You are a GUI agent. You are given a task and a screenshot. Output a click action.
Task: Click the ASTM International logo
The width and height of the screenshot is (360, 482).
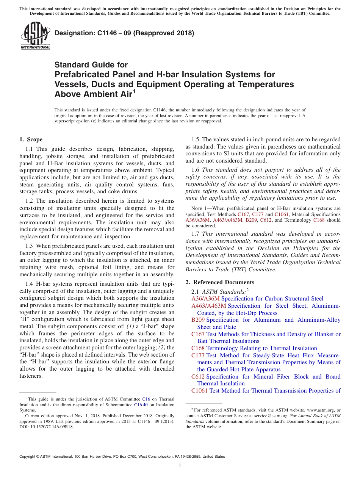pos(35,36)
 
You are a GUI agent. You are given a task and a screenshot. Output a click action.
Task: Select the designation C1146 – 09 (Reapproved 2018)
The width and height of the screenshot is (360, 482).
pos(124,33)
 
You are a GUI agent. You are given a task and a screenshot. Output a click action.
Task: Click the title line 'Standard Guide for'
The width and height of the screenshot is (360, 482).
pos(91,65)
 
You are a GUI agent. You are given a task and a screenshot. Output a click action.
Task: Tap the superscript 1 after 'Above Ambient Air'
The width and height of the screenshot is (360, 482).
pos(134,91)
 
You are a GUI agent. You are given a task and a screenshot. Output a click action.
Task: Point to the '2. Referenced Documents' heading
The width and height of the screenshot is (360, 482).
pos(220,282)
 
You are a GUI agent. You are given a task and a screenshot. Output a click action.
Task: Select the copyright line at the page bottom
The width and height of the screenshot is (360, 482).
pos(122,457)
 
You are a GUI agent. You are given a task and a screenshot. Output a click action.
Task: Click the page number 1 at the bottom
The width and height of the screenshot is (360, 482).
pos(180,465)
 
